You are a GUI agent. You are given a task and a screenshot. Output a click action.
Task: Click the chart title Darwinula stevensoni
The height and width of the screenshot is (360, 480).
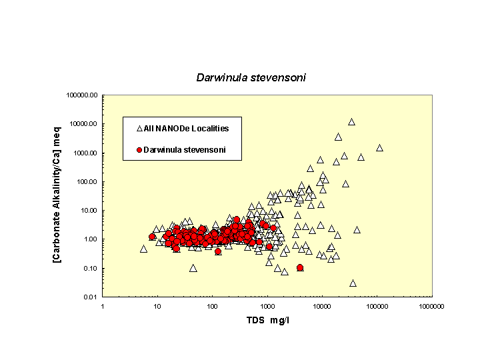click(251, 77)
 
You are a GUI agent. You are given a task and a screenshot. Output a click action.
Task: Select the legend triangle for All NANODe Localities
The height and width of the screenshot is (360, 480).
click(140, 128)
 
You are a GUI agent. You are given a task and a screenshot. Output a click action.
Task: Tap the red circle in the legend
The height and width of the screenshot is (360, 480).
click(140, 150)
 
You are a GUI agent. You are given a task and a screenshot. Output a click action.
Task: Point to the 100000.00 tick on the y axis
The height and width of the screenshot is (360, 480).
click(83, 95)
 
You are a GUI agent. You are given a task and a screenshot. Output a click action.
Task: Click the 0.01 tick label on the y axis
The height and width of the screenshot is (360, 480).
click(91, 297)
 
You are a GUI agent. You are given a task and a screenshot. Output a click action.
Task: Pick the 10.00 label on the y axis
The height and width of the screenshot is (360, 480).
click(89, 211)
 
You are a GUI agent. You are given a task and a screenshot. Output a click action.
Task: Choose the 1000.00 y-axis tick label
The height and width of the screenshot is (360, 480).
click(86, 153)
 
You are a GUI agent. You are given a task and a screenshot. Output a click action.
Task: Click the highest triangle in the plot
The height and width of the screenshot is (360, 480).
click(351, 122)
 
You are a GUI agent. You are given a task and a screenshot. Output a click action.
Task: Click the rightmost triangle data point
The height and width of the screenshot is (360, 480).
click(379, 148)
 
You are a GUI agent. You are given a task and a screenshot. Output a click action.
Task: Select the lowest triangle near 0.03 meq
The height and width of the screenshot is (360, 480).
click(353, 283)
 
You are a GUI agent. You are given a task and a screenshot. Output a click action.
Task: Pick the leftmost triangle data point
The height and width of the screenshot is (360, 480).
click(143, 249)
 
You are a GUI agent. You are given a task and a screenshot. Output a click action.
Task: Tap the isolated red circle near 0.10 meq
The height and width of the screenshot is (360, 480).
click(300, 267)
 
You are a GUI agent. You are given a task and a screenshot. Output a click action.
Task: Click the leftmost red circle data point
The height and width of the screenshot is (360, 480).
click(152, 237)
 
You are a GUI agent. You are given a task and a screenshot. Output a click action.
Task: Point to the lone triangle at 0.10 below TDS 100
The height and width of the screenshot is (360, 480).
click(193, 268)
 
